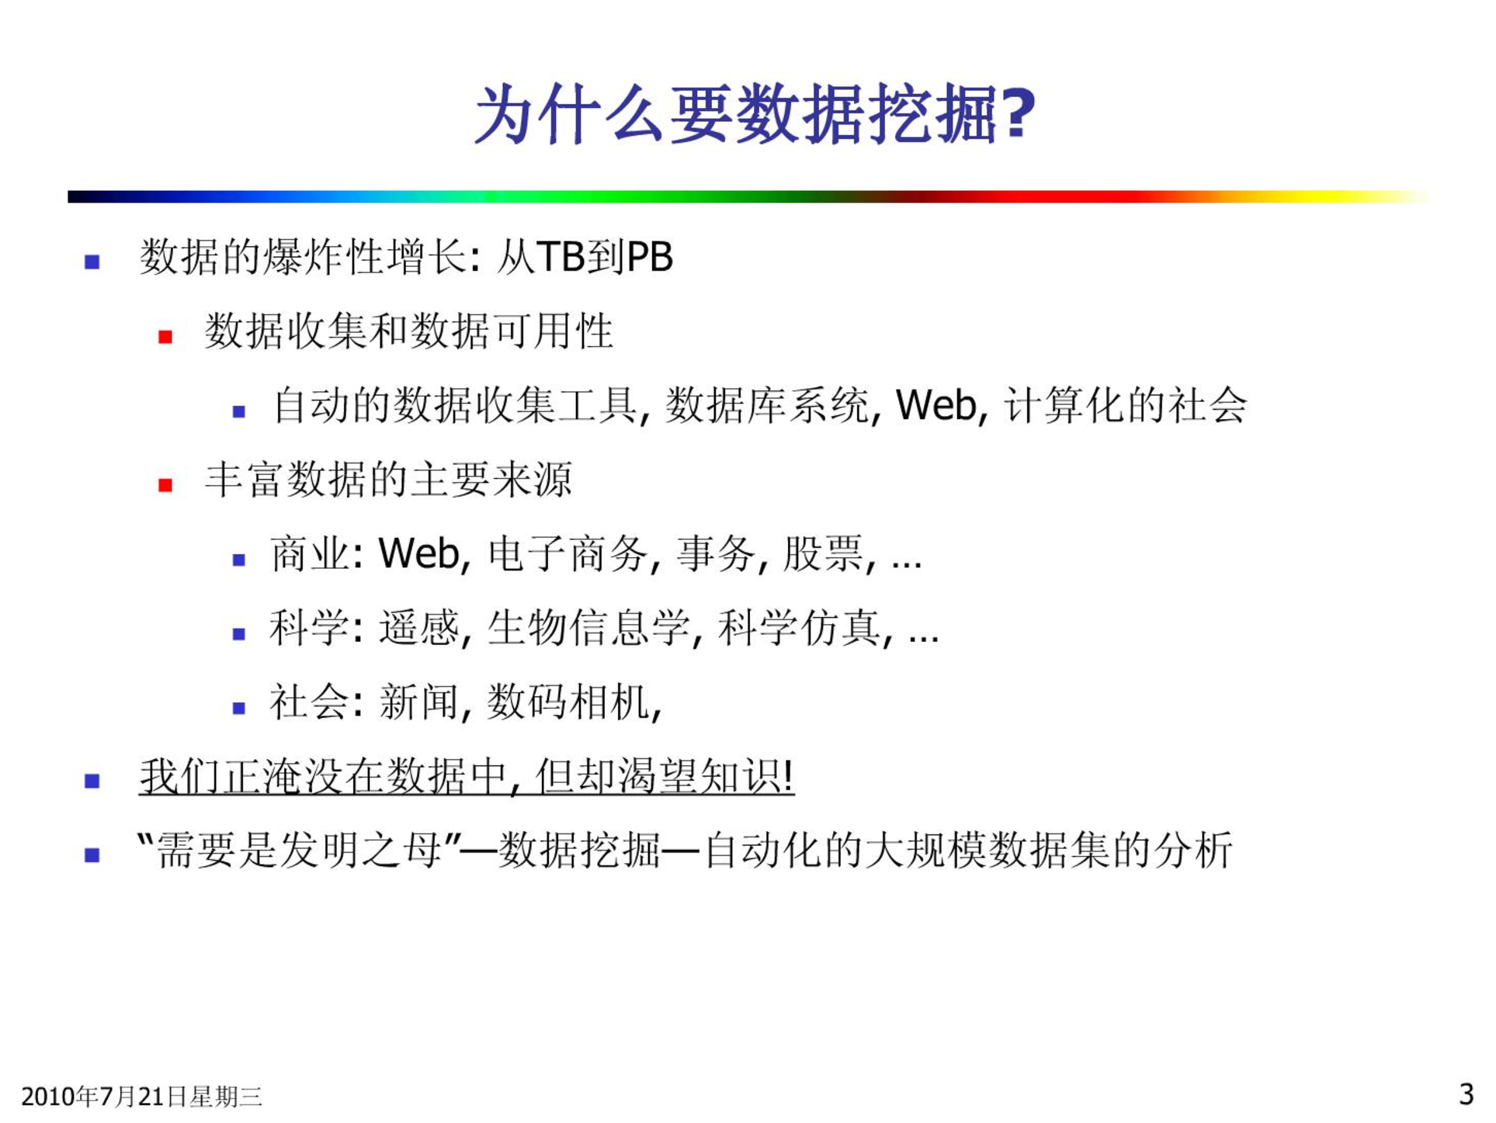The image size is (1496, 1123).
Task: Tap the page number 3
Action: click(1466, 1094)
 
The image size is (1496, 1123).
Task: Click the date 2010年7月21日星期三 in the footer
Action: click(141, 1097)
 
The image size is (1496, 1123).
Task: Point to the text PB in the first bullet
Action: click(650, 257)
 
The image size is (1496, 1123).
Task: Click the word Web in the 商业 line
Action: click(418, 554)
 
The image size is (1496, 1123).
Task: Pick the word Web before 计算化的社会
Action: click(936, 405)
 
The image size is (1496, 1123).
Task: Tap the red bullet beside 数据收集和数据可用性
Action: click(165, 337)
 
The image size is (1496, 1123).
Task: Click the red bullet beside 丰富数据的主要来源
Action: click(165, 486)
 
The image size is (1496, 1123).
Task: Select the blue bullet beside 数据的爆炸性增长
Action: click(92, 262)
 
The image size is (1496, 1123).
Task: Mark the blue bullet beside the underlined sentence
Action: click(92, 781)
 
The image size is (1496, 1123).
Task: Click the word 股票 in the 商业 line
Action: click(823, 554)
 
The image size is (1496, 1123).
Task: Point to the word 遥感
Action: click(419, 628)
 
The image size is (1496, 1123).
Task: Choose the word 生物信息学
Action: click(588, 628)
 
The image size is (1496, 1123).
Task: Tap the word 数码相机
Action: click(568, 702)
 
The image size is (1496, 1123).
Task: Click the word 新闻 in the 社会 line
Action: click(419, 702)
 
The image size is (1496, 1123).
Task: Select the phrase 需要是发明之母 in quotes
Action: click(300, 851)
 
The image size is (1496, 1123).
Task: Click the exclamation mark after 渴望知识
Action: click(789, 776)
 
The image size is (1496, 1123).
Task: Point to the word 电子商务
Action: click(568, 554)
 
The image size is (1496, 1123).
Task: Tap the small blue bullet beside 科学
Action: click(239, 634)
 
